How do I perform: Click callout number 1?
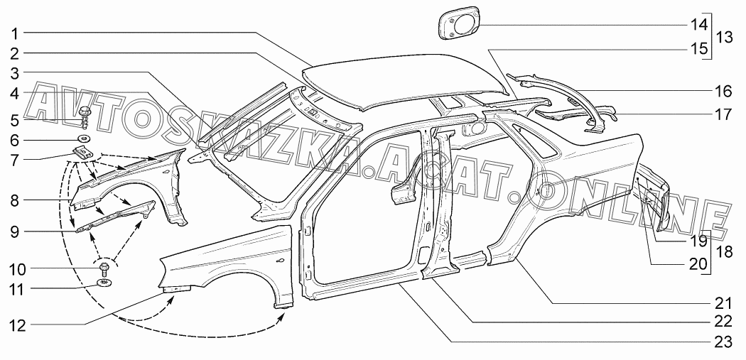(x=15, y=33)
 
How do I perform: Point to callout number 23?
(x=722, y=342)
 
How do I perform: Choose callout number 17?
(x=722, y=114)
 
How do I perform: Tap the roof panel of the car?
(x=405, y=82)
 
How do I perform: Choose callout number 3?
(x=15, y=72)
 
